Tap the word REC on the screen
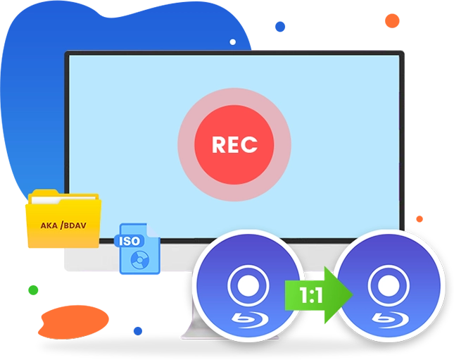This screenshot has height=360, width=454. point(234,145)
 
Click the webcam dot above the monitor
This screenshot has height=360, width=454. point(233,42)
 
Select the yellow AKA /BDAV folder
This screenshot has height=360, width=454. point(62,218)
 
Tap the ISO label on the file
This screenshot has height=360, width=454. point(130,240)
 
